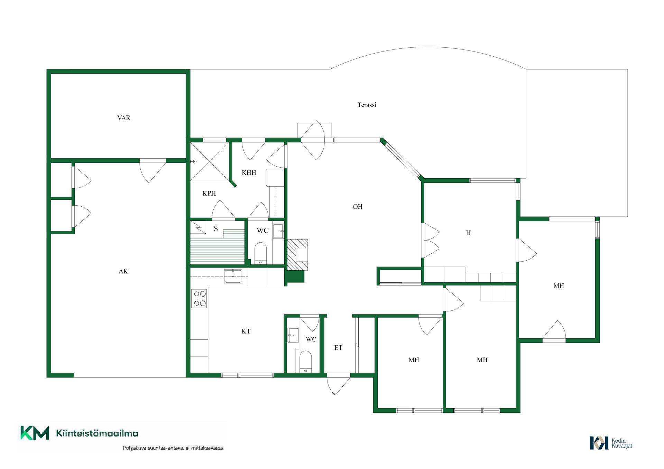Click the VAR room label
[124, 118]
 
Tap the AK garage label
[123, 271]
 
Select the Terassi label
[367, 105]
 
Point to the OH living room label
[358, 207]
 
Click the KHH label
[249, 173]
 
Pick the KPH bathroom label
[209, 193]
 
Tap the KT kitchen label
[246, 331]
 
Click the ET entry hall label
[338, 348]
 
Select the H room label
[468, 233]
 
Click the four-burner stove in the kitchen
[200, 299]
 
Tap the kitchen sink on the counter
[233, 276]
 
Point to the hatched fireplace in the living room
[297, 255]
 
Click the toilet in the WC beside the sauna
[260, 253]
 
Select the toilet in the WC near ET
[305, 362]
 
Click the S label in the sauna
[216, 228]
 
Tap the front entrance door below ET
[339, 384]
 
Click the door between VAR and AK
[153, 171]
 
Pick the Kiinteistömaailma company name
[97, 433]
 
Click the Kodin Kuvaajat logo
[611, 443]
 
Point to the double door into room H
[430, 240]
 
